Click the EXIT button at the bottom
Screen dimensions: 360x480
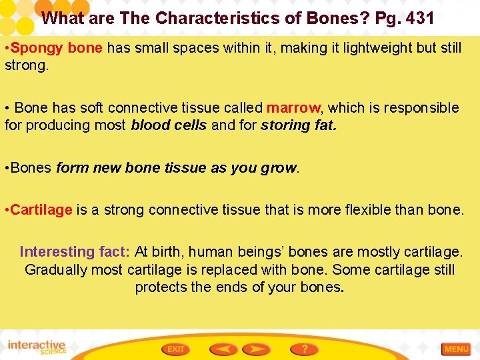pyautogui.click(x=176, y=349)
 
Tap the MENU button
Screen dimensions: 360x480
pyautogui.click(x=457, y=349)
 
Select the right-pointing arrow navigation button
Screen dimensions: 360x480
pyautogui.click(x=257, y=349)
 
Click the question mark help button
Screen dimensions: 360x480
pyautogui.click(x=304, y=349)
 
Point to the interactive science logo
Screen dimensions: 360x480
pyautogui.click(x=37, y=347)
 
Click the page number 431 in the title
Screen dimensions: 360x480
pyautogui.click(x=419, y=18)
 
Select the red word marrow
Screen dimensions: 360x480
pyautogui.click(x=293, y=108)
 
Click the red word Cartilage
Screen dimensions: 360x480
pyautogui.click(x=41, y=210)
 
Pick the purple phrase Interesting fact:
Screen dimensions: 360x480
pyautogui.click(x=75, y=252)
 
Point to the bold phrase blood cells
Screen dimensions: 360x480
pyautogui.click(x=169, y=125)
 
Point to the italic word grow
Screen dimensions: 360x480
pyautogui.click(x=280, y=168)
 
